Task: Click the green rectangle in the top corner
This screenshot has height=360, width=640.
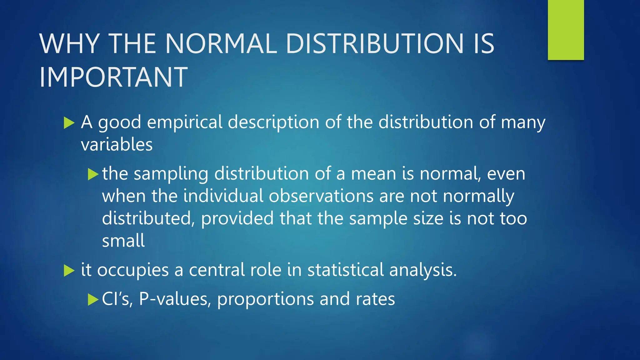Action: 566,30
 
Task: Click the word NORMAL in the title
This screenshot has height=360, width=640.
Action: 221,43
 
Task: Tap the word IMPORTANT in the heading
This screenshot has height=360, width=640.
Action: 113,77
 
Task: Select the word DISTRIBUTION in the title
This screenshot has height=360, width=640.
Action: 374,43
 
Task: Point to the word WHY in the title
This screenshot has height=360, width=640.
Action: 70,43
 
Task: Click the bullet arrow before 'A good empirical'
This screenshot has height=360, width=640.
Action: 69,123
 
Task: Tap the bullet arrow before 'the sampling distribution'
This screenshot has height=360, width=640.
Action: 93,174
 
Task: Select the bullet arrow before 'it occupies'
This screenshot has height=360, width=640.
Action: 69,270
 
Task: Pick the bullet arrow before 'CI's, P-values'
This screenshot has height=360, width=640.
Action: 93,299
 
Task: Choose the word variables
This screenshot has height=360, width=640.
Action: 117,145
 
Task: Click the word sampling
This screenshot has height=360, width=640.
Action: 171,174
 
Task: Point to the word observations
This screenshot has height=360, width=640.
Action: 321,196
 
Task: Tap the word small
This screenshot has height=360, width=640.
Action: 123,241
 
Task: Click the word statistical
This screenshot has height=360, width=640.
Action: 346,270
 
